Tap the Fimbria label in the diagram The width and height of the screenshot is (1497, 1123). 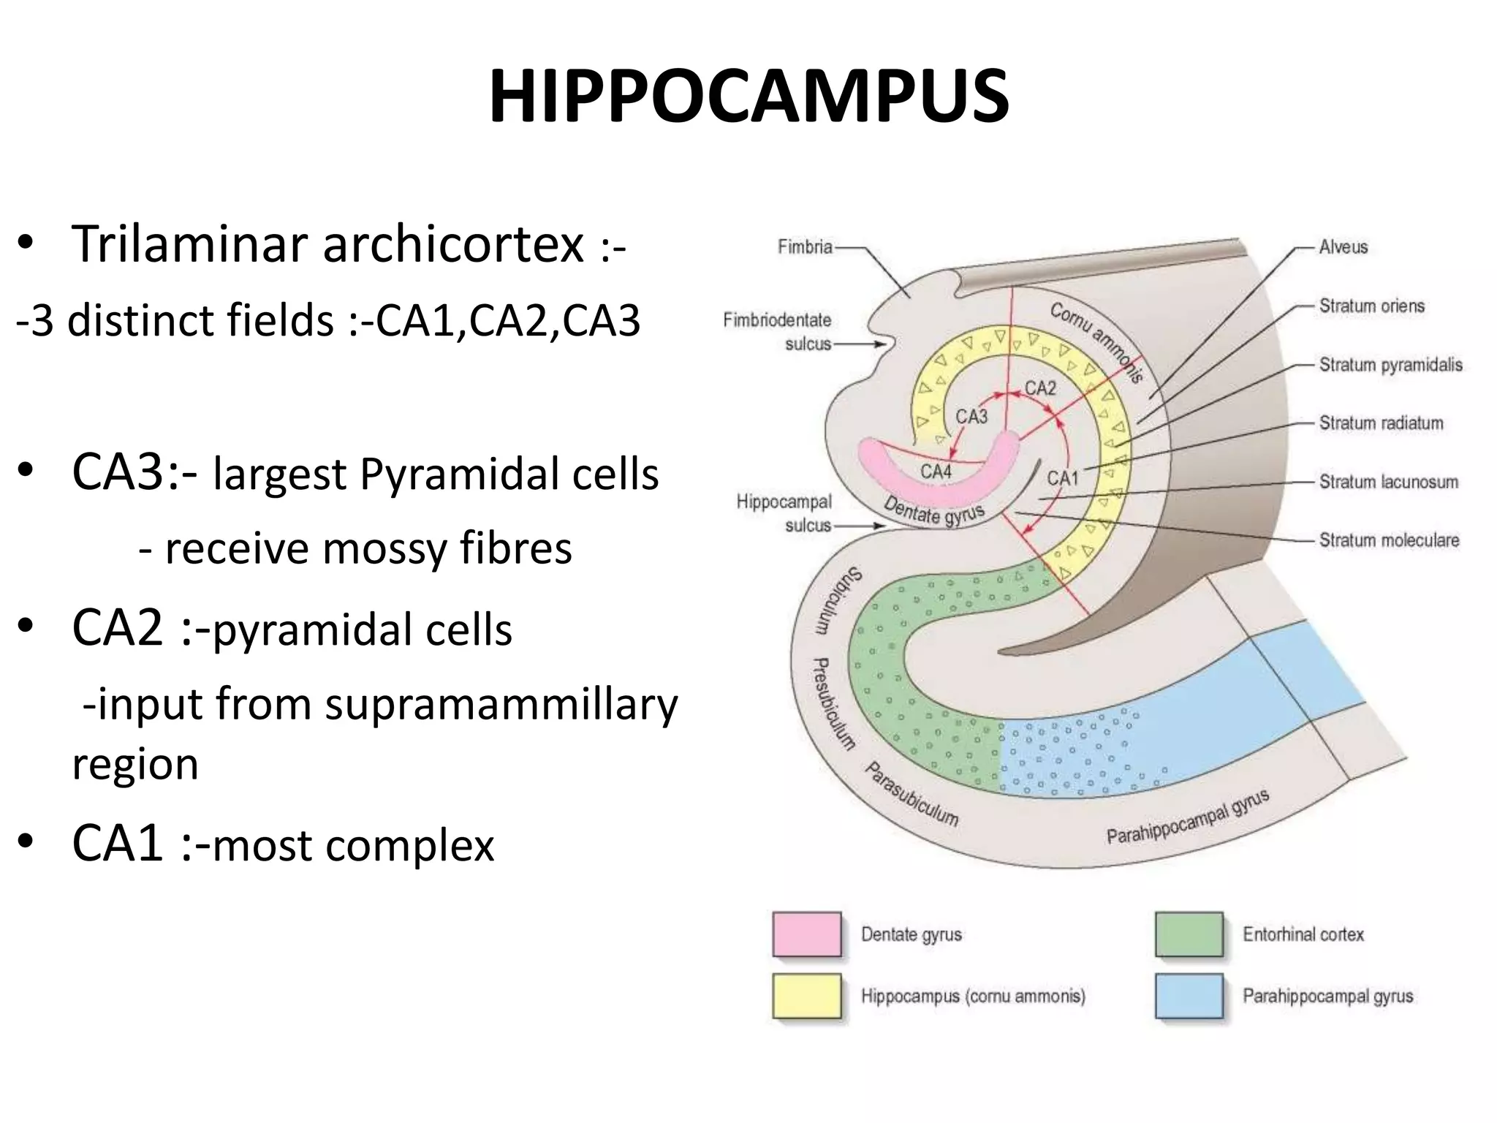805,247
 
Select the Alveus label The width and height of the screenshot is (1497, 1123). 1343,247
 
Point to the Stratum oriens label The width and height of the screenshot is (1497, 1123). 1371,306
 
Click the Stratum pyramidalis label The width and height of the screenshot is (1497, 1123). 1390,365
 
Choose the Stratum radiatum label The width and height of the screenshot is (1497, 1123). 1381,423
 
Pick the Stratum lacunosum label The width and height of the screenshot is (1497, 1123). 1388,482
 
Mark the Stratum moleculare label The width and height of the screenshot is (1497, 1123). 1389,540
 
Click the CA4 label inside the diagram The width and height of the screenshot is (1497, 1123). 936,472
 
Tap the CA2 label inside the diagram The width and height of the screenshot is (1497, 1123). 1040,387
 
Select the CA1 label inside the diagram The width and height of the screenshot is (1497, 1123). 1062,478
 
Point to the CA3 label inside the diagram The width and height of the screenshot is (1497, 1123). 971,417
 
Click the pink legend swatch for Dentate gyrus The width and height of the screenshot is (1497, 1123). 806,934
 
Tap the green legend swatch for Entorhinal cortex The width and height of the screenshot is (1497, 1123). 1189,934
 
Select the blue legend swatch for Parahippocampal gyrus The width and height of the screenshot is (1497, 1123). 1189,995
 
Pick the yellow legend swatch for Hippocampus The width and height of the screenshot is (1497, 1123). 806,995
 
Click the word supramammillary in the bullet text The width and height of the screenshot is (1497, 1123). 501,706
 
